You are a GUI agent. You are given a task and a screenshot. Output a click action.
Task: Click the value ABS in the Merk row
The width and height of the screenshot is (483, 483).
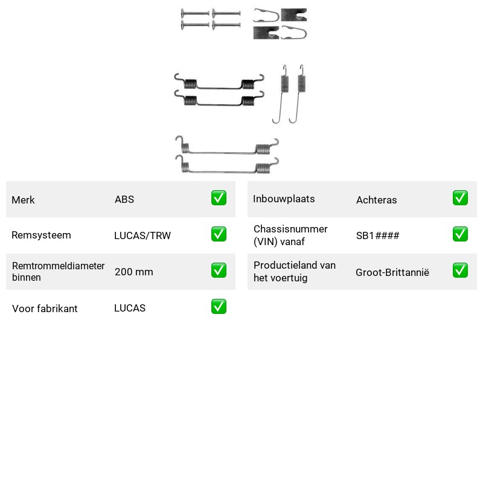[x=124, y=199]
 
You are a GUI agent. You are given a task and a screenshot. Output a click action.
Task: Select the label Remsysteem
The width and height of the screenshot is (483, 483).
[x=41, y=235]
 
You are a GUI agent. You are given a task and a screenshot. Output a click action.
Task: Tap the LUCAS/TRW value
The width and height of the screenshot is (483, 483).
[x=142, y=235]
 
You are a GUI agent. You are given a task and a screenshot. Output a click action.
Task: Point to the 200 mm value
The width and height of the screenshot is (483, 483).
[x=133, y=272]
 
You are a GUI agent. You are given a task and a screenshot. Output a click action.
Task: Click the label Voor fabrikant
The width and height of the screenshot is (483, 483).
[x=45, y=309]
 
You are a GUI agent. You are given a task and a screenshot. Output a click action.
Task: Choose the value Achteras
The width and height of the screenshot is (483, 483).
[x=376, y=200]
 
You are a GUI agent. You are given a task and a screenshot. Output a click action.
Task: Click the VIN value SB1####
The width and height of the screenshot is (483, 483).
[x=378, y=235]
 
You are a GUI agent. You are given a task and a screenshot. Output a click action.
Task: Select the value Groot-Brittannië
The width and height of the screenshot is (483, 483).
[x=392, y=272]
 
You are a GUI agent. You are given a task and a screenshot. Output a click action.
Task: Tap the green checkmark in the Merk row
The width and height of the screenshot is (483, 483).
[x=219, y=198]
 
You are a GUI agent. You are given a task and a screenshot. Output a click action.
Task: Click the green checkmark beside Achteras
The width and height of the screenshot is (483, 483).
[x=460, y=198]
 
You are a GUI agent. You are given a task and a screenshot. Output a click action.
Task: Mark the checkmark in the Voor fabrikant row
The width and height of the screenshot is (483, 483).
[x=219, y=307]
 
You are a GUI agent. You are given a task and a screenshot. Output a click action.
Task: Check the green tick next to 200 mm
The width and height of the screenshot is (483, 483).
[x=219, y=270]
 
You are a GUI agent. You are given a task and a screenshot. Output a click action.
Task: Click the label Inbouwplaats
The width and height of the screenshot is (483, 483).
[x=284, y=199]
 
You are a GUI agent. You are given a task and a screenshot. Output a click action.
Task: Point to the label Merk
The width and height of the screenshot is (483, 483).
[x=23, y=200]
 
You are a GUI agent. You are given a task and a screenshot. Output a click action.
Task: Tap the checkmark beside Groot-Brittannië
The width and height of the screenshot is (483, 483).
[x=460, y=270]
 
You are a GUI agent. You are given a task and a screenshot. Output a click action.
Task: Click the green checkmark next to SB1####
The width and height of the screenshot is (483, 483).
[x=460, y=234]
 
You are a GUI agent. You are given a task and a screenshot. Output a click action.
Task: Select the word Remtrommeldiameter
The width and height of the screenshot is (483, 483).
[x=58, y=266]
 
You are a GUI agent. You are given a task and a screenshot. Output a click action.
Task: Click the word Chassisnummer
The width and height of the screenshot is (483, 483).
[x=290, y=229]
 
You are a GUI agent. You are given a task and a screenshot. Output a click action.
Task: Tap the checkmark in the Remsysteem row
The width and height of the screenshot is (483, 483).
[x=219, y=234]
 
